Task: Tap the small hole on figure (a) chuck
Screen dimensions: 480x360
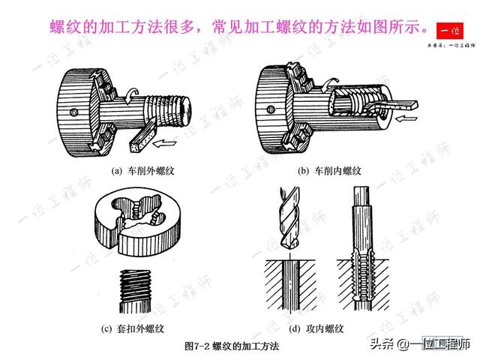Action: tap(71, 113)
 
